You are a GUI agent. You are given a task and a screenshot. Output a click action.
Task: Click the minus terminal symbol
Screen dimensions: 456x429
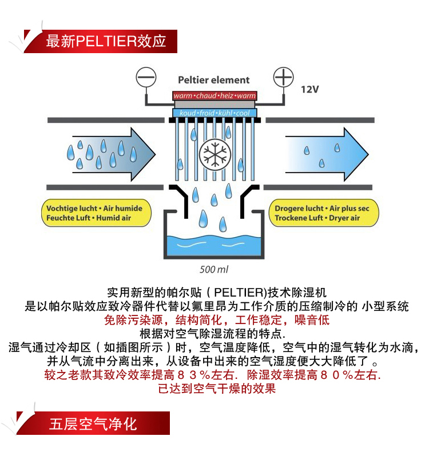pyautogui.click(x=146, y=77)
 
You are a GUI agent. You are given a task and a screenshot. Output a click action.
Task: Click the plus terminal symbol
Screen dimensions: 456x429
pyautogui.click(x=283, y=77)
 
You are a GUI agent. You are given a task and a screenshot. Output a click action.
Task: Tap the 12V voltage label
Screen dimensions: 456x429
pyautogui.click(x=311, y=89)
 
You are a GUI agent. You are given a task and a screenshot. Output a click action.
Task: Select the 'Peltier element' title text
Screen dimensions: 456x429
pyautogui.click(x=214, y=80)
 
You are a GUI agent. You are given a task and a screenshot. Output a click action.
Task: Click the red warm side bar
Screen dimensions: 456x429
pyautogui.click(x=214, y=96)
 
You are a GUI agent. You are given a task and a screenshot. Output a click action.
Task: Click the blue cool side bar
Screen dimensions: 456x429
pyautogui.click(x=214, y=113)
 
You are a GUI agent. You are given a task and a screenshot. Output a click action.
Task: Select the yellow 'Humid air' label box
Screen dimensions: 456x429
pyautogui.click(x=96, y=213)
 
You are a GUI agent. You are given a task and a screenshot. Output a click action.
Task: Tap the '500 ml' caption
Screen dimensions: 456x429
pyautogui.click(x=214, y=269)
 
